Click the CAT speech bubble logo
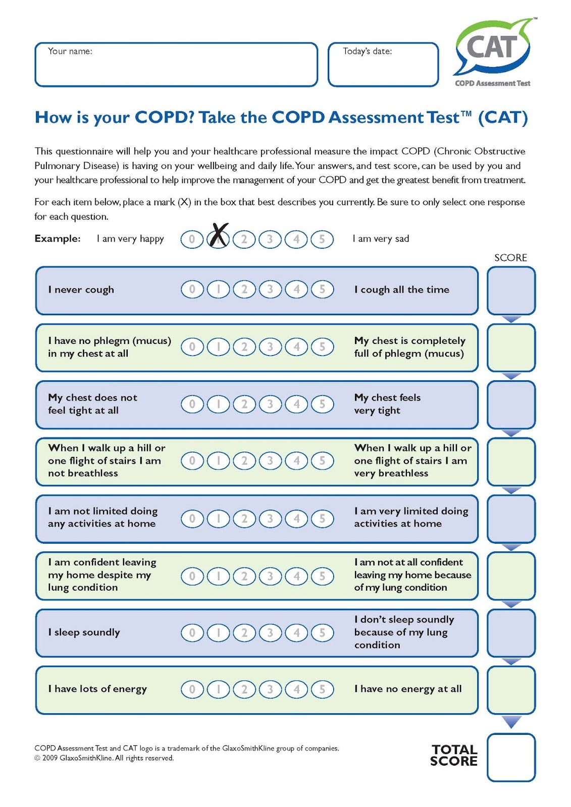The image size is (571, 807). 493,48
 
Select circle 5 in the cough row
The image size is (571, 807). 322,290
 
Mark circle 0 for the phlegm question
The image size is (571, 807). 192,347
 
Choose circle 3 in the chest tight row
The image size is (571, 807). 270,404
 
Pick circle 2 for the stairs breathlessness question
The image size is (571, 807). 244,460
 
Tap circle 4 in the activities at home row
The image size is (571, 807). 296,518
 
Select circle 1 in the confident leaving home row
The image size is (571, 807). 218,576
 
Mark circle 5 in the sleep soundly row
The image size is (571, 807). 322,632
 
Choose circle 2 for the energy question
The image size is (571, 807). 244,689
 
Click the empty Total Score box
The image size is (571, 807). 511,758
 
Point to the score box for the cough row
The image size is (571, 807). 511,291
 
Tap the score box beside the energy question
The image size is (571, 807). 511,690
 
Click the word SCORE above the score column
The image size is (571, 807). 510,258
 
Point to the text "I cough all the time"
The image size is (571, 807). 402,290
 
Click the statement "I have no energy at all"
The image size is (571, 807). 408,689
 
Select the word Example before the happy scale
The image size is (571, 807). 58,239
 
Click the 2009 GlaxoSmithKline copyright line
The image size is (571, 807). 104,758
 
